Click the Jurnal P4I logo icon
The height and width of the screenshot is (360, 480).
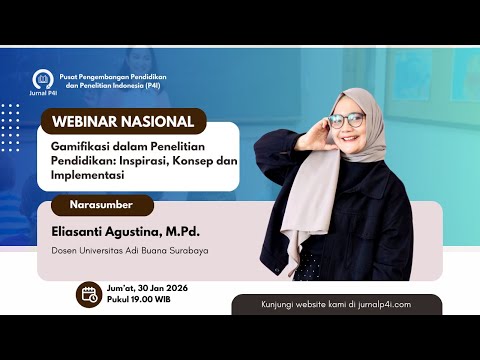tap(42, 79)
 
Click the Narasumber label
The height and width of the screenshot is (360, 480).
tap(100, 206)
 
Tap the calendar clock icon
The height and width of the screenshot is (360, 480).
tap(89, 294)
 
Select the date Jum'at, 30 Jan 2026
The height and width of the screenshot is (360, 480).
tap(148, 288)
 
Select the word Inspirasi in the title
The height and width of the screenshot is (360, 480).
tap(152, 160)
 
